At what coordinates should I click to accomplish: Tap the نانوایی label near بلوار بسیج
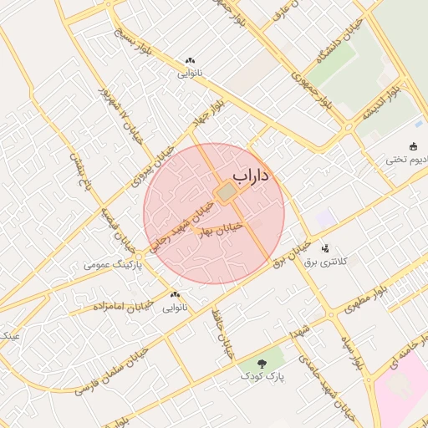coord(188,74)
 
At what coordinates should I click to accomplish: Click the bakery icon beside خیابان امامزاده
coord(175,294)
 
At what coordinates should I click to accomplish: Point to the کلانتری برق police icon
coord(325,248)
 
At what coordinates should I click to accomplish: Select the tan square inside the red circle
coord(225,194)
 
